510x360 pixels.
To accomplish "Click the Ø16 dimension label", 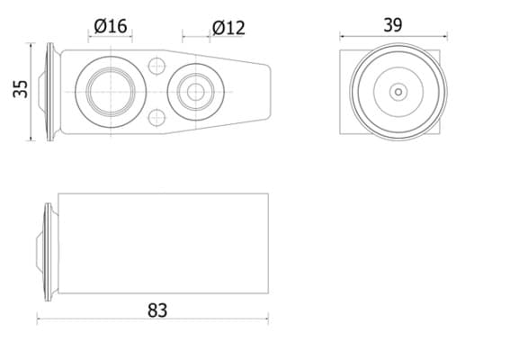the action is click(111, 26).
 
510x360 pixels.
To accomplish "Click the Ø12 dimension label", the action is click(228, 28).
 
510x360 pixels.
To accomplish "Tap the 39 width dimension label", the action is click(392, 25).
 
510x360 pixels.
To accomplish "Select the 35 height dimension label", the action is click(21, 89).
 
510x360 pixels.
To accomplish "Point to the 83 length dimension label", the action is click(157, 310).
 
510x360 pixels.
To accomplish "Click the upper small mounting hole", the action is click(157, 66).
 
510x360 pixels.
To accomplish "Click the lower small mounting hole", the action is click(157, 118).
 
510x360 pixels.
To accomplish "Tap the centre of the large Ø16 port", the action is click(111, 92).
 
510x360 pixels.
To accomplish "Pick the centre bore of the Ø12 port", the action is click(195, 92).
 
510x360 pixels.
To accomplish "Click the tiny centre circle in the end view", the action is click(398, 92).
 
